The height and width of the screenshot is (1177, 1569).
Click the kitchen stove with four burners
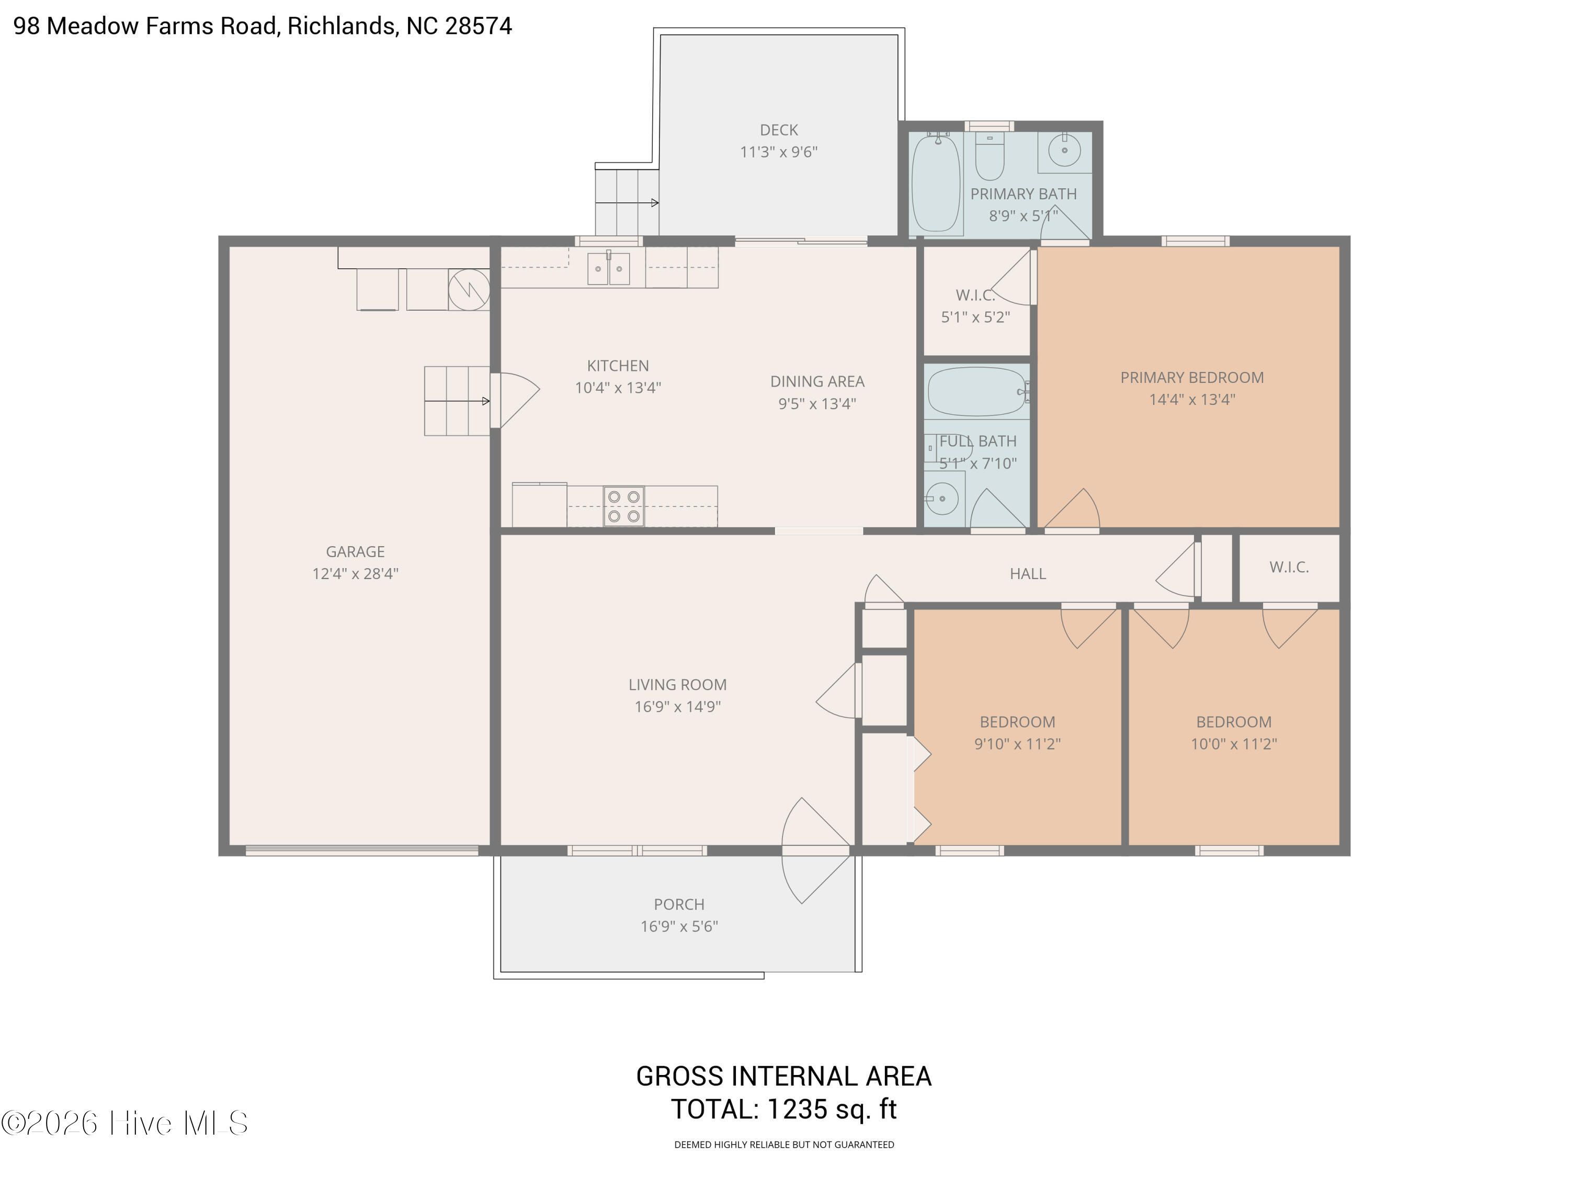coord(623,506)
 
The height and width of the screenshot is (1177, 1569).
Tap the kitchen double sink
coord(608,269)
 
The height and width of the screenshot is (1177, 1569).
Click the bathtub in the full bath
coord(977,391)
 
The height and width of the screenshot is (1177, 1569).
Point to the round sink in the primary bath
coord(1064,150)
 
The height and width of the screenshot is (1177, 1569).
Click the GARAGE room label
coord(355,551)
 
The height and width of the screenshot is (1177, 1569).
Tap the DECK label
coord(778,130)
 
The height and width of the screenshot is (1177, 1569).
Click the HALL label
coord(1027,573)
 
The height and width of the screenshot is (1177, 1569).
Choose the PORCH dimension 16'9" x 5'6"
coord(679,926)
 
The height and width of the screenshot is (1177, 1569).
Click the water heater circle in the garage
coord(469,289)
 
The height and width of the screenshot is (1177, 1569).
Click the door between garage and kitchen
coord(516,400)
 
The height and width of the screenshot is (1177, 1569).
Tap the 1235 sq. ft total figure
coord(833,1109)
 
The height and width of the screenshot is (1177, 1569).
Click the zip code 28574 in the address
coord(478,26)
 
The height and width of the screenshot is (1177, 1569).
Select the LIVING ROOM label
coord(677,685)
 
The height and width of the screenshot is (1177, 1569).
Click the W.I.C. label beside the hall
coord(1289,567)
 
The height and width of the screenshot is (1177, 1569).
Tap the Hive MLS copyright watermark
coord(125,1123)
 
